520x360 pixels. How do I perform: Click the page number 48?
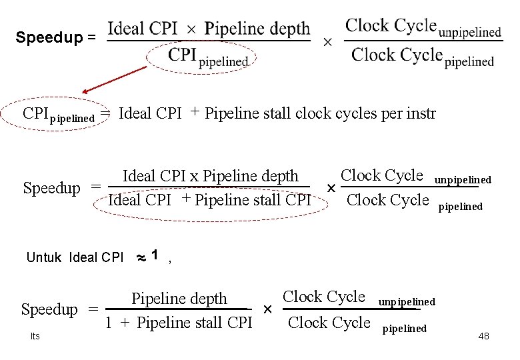(x=483, y=336)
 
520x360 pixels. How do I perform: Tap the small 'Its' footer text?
(x=35, y=336)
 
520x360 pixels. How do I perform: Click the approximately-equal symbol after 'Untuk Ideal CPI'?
(x=141, y=257)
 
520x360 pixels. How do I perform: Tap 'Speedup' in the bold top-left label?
(x=49, y=37)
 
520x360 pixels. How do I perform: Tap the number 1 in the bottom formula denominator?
(x=108, y=323)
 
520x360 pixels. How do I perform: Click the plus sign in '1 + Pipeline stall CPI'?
(x=125, y=323)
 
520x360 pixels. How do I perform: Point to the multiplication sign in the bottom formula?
(x=267, y=310)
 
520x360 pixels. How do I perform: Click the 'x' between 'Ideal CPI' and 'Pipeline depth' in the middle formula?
(x=194, y=177)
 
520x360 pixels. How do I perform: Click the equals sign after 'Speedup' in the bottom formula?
(x=93, y=310)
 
